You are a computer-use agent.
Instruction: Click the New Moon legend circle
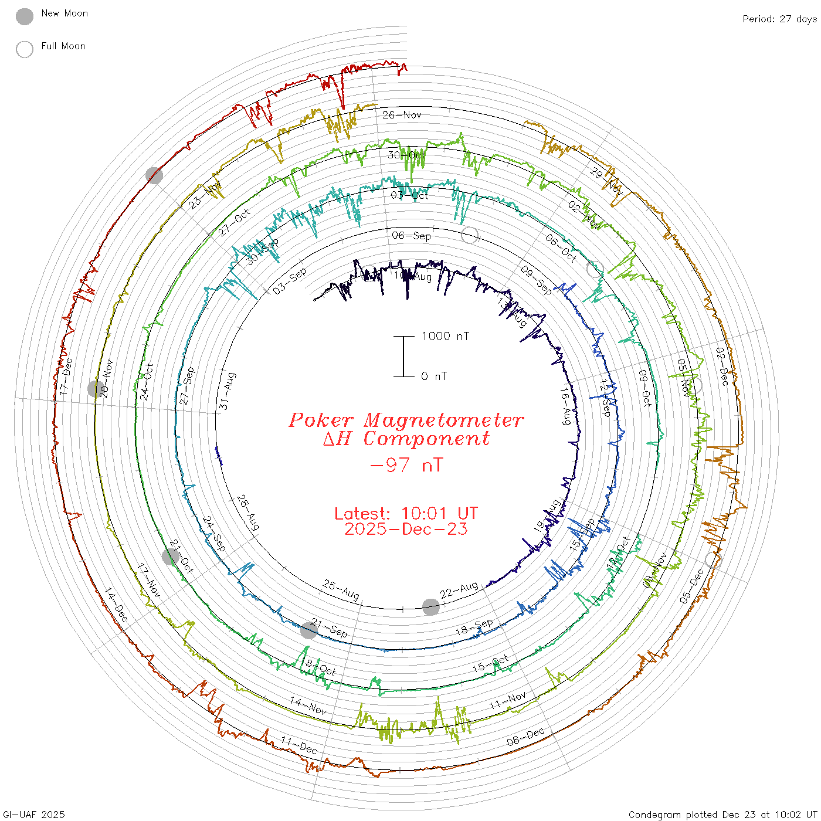click(25, 17)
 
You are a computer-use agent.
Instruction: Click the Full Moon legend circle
click(25, 49)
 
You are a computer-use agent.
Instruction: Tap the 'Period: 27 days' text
click(779, 19)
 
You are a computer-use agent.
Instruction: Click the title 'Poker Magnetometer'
click(406, 420)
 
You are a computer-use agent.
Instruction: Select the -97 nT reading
click(406, 465)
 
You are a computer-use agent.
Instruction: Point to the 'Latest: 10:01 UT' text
click(406, 514)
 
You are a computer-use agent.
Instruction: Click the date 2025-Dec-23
click(406, 529)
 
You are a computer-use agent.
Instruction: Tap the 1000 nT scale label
click(445, 336)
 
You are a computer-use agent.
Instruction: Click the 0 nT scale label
click(434, 376)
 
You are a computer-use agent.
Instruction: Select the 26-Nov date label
click(402, 115)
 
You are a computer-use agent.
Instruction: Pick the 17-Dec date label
click(66, 376)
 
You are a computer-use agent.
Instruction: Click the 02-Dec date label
click(722, 367)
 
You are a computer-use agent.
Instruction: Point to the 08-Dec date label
click(525, 737)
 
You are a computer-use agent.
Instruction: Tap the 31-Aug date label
click(227, 391)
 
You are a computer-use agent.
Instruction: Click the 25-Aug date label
click(341, 589)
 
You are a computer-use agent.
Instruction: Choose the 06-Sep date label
click(411, 236)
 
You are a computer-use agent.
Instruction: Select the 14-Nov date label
click(308, 705)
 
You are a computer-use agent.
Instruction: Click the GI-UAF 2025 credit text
click(34, 815)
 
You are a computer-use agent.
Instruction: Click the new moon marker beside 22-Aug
click(431, 607)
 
